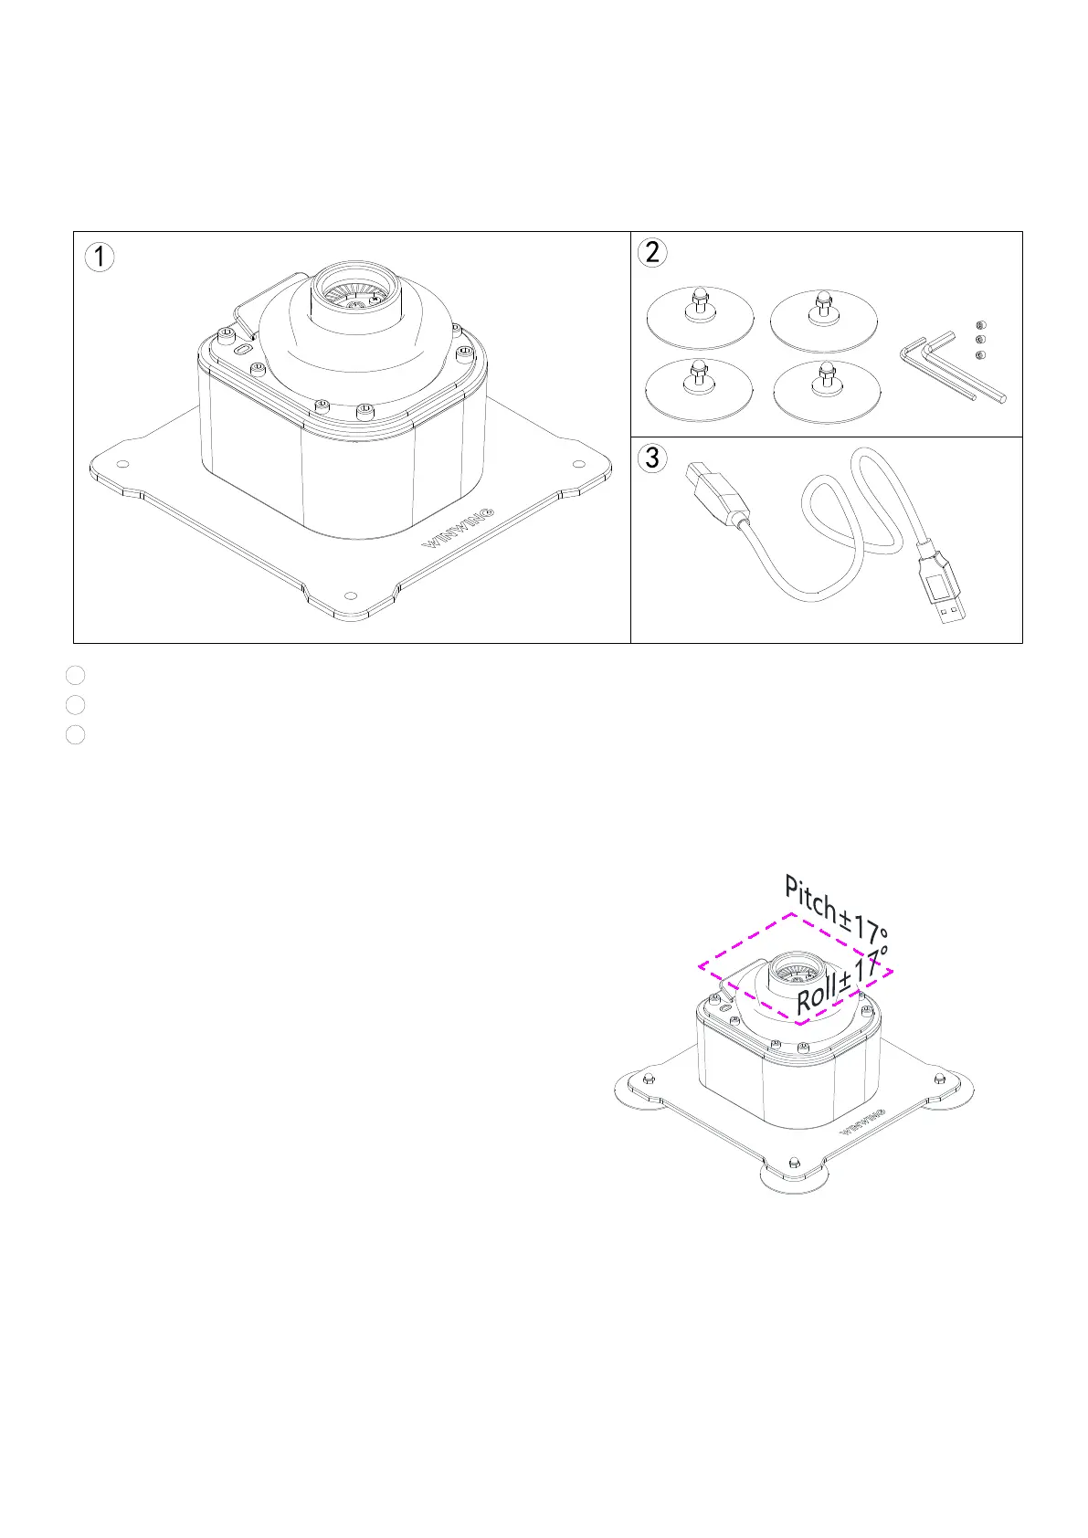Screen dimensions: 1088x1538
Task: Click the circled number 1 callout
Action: tap(100, 257)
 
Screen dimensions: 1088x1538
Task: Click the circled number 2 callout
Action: tap(652, 252)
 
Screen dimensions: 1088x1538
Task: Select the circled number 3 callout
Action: tap(651, 457)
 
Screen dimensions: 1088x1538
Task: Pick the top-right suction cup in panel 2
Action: tap(823, 320)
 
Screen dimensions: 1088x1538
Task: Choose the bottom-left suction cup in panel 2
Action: tap(699, 388)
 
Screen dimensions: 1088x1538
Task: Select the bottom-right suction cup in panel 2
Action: tap(827, 391)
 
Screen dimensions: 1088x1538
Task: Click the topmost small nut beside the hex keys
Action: tap(980, 325)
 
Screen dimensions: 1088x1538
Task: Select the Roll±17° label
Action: tap(841, 981)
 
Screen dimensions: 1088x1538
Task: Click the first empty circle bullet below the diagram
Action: tap(76, 675)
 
